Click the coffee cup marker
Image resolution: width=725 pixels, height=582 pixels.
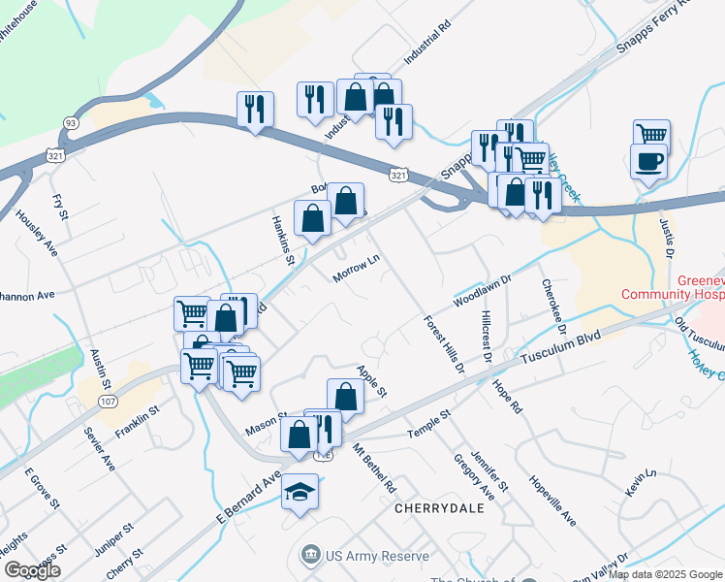pyautogui.click(x=647, y=160)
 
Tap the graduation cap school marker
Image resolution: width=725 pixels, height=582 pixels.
pyautogui.click(x=300, y=493)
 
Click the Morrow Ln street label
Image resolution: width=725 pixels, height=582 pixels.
pyautogui.click(x=355, y=269)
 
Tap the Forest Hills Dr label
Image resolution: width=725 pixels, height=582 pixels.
pyautogui.click(x=444, y=344)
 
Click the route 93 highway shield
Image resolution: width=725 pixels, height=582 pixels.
pyautogui.click(x=71, y=122)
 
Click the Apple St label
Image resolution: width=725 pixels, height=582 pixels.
pyautogui.click(x=371, y=380)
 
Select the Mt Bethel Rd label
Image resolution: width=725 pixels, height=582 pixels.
pyautogui.click(x=375, y=467)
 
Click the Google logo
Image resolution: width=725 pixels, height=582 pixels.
pyautogui.click(x=33, y=570)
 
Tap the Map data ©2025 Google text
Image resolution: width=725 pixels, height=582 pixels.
pyautogui.click(x=664, y=574)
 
